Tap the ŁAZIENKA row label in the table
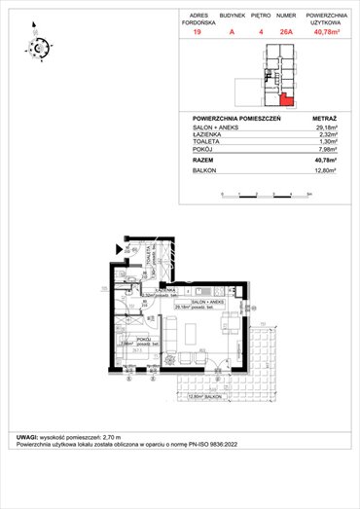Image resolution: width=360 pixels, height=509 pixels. [208, 134]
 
